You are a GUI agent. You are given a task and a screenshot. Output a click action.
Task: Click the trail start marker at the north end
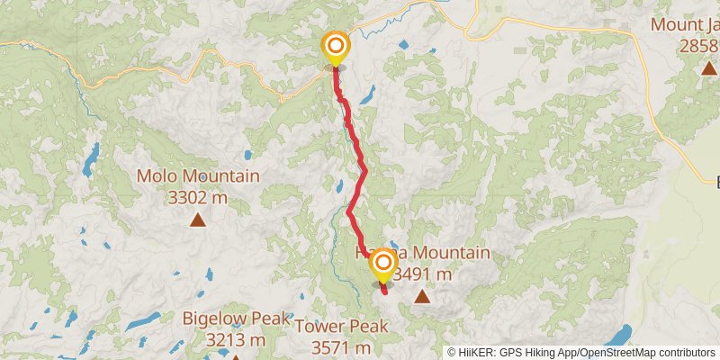(x=336, y=48)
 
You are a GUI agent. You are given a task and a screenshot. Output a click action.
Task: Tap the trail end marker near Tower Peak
(x=383, y=264)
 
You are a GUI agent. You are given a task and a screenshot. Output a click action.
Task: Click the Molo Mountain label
(x=198, y=176)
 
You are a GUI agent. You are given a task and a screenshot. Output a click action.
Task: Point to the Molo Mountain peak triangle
(x=197, y=219)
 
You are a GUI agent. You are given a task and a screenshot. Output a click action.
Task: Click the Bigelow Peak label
(x=236, y=318)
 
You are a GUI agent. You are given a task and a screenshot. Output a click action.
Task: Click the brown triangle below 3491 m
(x=421, y=295)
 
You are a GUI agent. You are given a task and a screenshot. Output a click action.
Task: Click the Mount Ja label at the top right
(x=686, y=22)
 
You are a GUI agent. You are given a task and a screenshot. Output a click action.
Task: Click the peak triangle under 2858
(x=707, y=67)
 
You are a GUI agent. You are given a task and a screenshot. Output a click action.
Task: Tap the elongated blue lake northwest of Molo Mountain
(x=90, y=159)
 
